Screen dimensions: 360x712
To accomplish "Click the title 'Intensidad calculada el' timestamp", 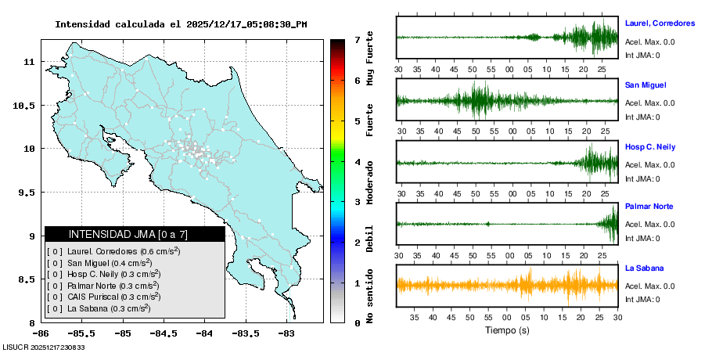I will pyautogui.click(x=181, y=24).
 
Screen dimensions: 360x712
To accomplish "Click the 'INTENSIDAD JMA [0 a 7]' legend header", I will pyautogui.click(x=135, y=234).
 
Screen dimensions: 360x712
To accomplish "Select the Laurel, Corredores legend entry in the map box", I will pyautogui.click(x=113, y=251).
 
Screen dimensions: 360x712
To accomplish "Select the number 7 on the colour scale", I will pyautogui.click(x=357, y=39).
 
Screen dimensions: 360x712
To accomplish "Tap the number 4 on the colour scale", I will pyautogui.click(x=357, y=162).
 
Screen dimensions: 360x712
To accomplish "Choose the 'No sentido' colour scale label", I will pyautogui.click(x=370, y=297).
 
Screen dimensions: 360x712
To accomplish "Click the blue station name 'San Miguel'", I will pyautogui.click(x=646, y=85).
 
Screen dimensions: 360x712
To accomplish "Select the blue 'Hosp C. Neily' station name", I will pyautogui.click(x=650, y=147).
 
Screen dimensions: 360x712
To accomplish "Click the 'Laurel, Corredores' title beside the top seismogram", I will pyautogui.click(x=660, y=23).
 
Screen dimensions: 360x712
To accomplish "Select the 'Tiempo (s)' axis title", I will pyautogui.click(x=507, y=331).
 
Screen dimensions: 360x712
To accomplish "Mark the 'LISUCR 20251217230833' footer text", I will pyautogui.click(x=44, y=347).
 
